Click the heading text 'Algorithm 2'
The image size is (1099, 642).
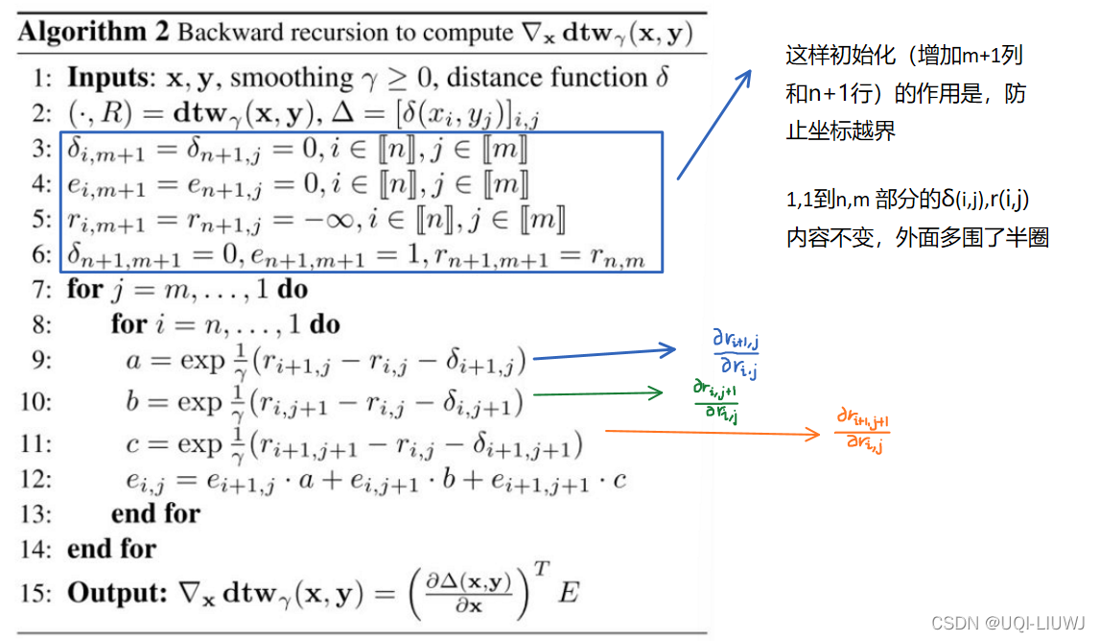pos(93,33)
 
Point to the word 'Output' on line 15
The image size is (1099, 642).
pos(110,593)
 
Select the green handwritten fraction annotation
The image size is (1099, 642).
pos(716,400)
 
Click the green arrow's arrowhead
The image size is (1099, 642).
pos(657,392)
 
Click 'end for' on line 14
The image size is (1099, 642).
pos(110,550)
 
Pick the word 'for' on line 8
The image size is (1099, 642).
pos(129,324)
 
